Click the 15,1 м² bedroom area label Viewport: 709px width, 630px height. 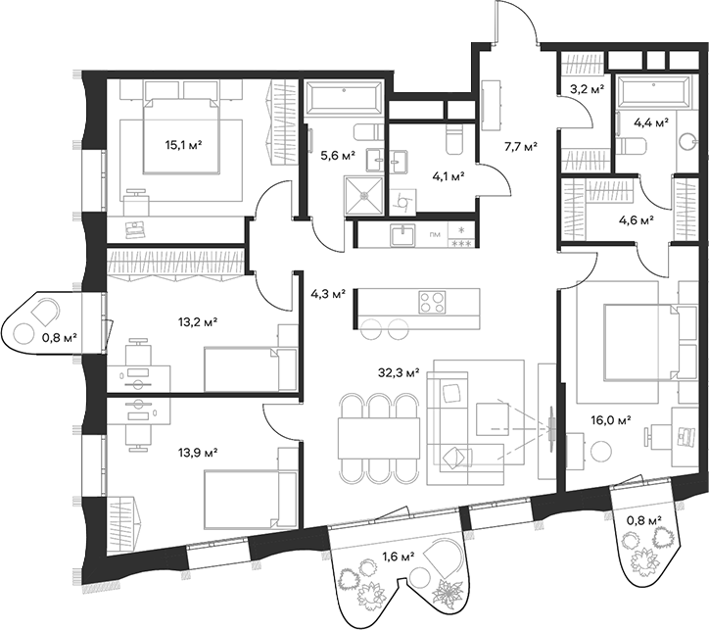click(183, 145)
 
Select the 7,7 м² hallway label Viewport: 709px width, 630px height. click(520, 147)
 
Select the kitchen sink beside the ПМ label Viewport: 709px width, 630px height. click(402, 235)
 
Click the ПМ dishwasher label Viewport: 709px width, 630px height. click(436, 235)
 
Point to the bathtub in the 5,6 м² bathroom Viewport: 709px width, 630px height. click(343, 100)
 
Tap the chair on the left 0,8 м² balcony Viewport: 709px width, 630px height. click(42, 315)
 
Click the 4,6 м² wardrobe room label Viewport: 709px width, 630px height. click(637, 220)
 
